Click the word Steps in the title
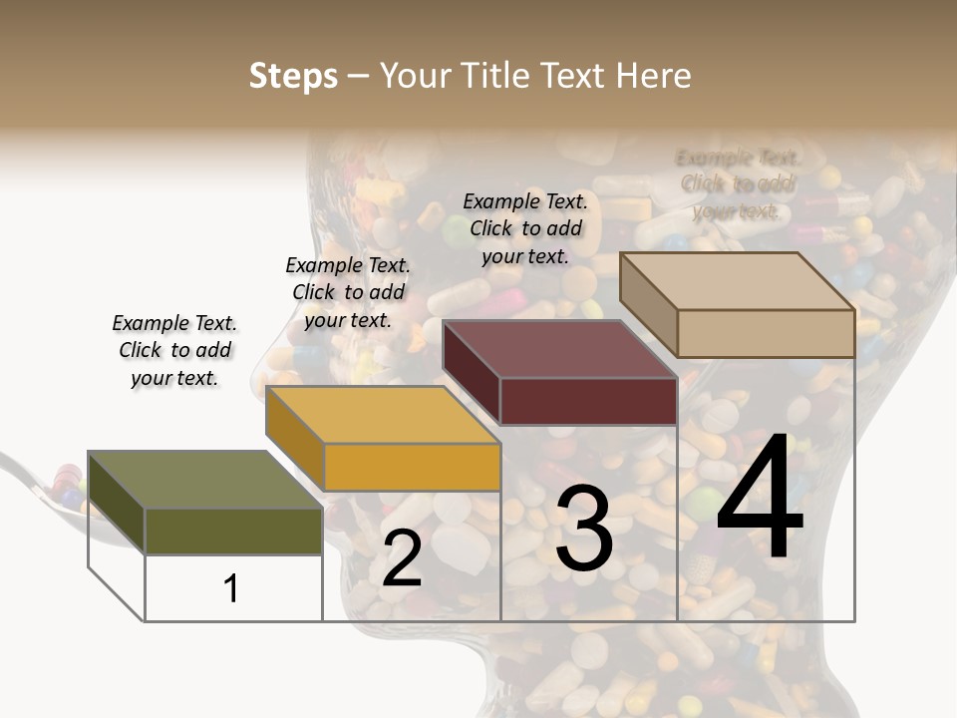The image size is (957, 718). [293, 76]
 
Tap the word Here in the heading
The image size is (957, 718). [653, 76]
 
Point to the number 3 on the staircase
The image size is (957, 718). [584, 529]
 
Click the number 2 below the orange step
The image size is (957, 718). [402, 559]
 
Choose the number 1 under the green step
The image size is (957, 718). [231, 588]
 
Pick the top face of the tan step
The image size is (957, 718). [737, 280]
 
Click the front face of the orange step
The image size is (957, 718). [412, 467]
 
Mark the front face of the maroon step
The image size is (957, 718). [588, 401]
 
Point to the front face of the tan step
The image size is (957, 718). [766, 333]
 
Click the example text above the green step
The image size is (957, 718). [173, 350]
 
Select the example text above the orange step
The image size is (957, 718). [347, 292]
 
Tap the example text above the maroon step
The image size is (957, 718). [525, 228]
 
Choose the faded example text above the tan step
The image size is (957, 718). [738, 183]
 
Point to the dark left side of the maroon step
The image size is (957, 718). [472, 373]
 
